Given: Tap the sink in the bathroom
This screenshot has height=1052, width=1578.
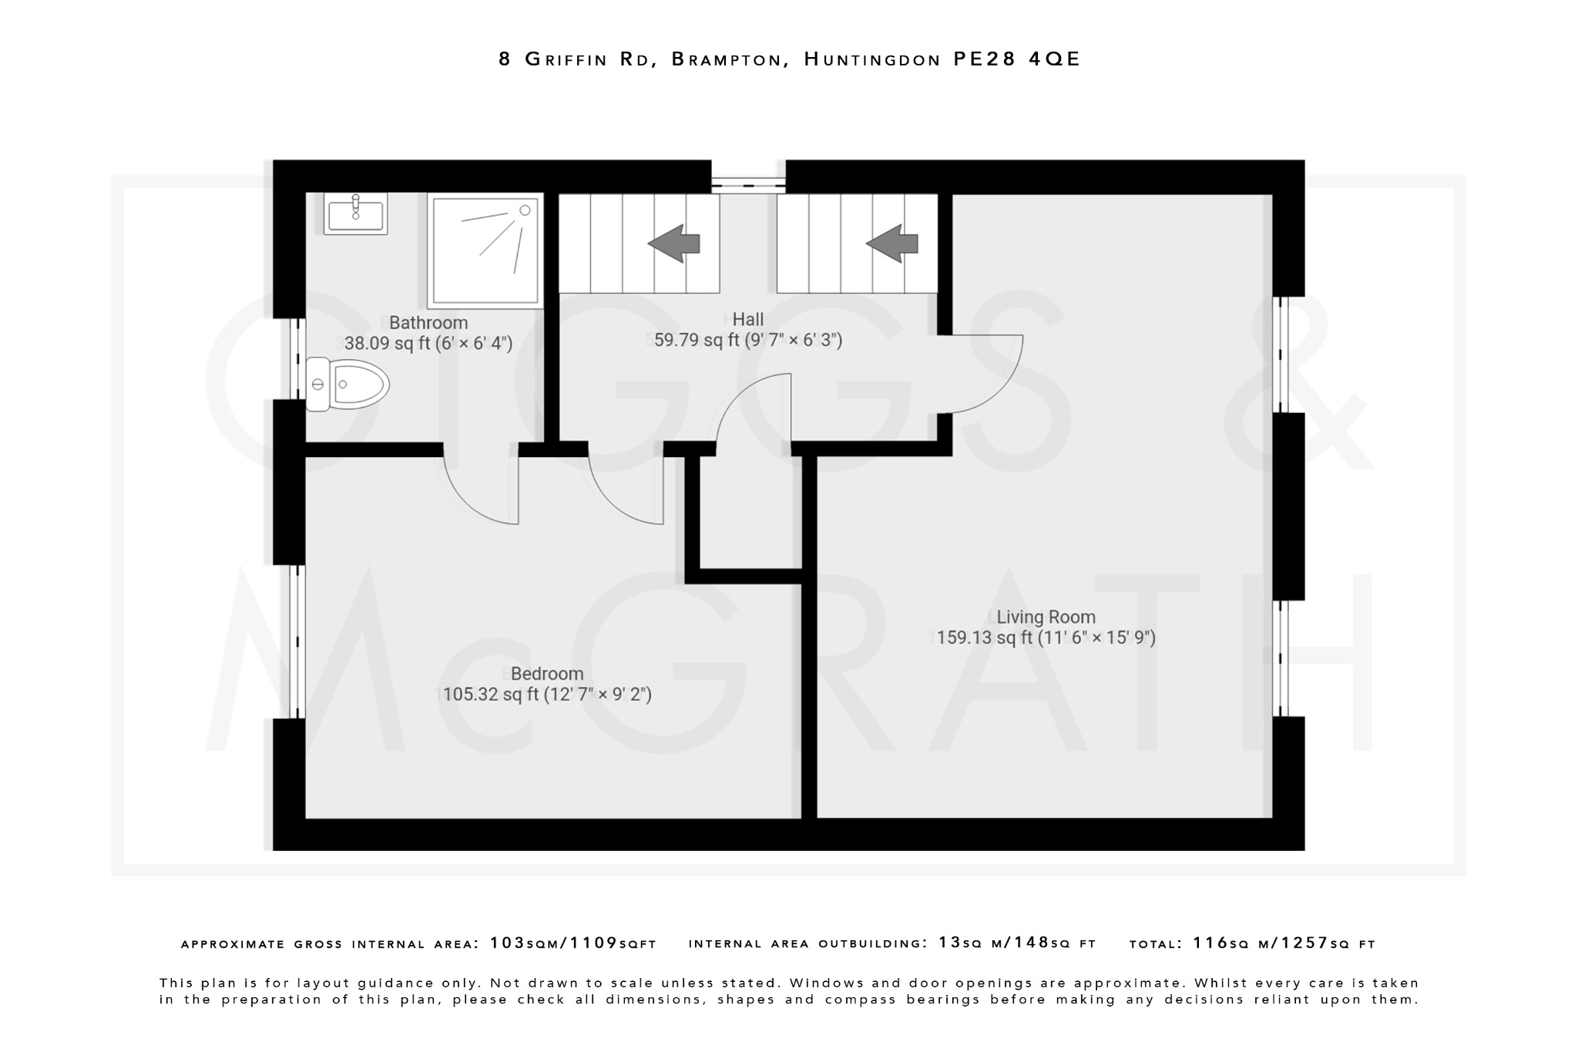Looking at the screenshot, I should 355,213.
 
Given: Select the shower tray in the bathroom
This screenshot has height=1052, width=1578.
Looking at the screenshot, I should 485,250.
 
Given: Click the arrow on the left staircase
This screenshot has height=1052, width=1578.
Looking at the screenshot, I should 674,244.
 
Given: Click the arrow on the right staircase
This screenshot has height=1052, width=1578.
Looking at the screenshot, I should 892,244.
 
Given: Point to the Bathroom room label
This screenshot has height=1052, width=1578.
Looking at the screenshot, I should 428,323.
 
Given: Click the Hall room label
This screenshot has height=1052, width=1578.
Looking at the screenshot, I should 748,319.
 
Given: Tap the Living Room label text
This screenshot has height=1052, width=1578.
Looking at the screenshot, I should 1046,617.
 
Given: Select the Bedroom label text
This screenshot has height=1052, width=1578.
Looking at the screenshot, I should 547,674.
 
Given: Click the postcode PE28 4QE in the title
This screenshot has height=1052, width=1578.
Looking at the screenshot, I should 1017,59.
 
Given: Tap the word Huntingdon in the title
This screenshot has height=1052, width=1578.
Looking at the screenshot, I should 871,59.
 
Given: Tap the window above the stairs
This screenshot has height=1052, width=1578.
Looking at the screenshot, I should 747,183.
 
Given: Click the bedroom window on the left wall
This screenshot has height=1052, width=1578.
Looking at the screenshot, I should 297,641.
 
